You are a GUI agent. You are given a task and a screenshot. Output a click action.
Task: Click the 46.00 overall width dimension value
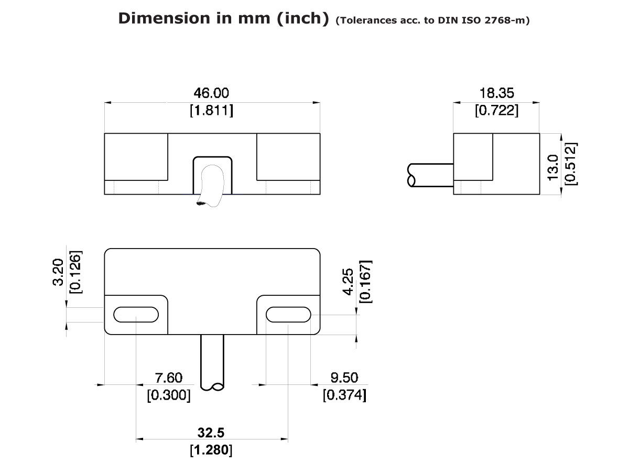[211, 93]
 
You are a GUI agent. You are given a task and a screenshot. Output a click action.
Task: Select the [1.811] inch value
[211, 111]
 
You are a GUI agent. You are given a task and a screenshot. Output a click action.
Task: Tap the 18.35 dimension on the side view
[496, 93]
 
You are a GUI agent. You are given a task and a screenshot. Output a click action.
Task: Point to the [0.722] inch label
[496, 111]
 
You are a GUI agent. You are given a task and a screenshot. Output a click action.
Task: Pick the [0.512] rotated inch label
[571, 164]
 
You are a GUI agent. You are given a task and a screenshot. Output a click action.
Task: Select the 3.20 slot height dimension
[59, 273]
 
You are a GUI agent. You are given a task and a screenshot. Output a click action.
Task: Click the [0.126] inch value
[76, 273]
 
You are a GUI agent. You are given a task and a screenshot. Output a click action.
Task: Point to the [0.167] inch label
[365, 282]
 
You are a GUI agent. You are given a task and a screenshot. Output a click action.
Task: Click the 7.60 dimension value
[169, 378]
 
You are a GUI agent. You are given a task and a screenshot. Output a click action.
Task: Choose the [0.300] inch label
[169, 395]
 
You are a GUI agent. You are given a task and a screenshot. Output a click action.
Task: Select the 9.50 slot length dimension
[344, 378]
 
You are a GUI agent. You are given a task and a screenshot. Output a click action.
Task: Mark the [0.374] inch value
[344, 395]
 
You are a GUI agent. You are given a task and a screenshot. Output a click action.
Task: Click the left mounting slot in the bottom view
[136, 314]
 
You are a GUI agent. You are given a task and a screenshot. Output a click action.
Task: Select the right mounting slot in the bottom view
[288, 314]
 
